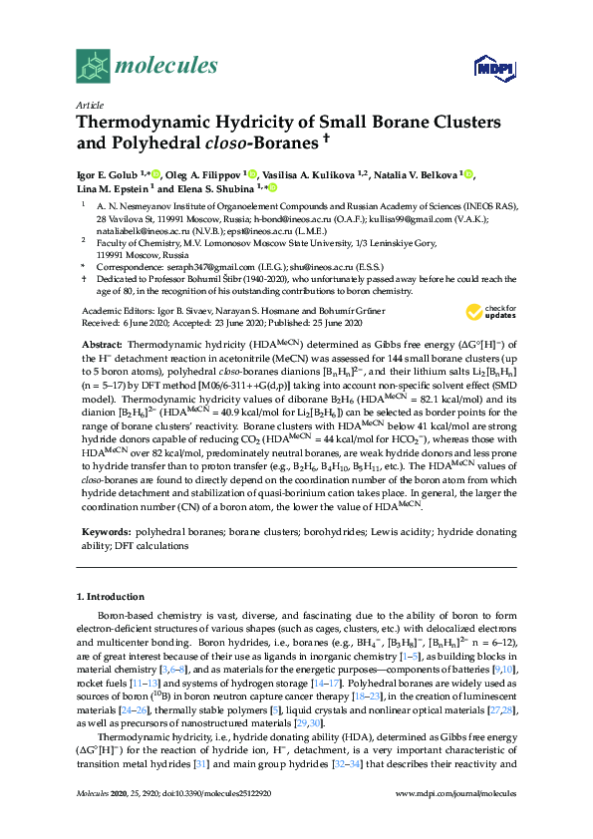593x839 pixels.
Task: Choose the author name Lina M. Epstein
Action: coord(111,188)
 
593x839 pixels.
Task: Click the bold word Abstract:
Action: coord(102,341)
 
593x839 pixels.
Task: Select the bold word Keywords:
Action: coord(105,534)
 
